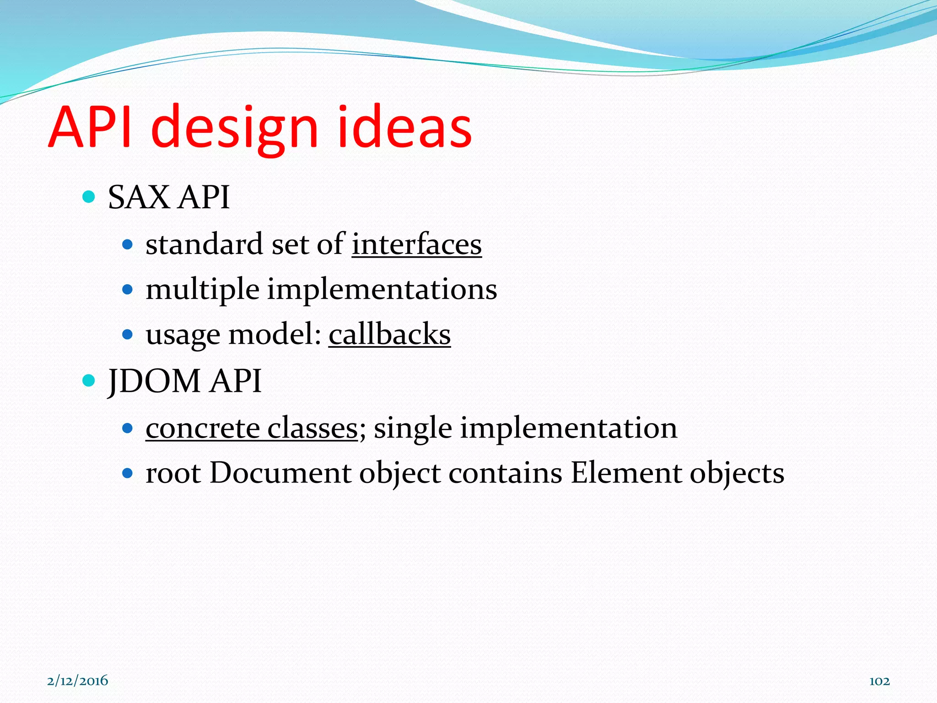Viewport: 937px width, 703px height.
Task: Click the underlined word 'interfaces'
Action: pos(416,244)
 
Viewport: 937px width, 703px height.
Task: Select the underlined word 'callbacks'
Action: pos(389,335)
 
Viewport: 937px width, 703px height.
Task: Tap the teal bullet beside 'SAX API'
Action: pos(88,197)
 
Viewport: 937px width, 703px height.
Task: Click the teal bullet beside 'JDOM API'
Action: pos(88,380)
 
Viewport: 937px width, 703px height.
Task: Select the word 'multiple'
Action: pos(202,290)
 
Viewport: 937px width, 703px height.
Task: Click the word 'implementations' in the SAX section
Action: pos(382,290)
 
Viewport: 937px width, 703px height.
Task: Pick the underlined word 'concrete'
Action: pos(203,429)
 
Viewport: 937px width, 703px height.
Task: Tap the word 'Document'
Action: pos(280,473)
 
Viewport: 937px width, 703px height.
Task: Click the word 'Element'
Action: pos(626,473)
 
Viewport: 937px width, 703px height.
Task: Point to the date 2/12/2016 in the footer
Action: pos(77,681)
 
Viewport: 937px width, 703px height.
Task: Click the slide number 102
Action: pos(879,681)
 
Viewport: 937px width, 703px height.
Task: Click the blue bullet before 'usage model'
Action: pos(128,335)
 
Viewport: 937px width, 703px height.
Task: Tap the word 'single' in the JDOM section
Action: pos(413,429)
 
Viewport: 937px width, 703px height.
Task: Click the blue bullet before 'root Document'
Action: pos(128,473)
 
